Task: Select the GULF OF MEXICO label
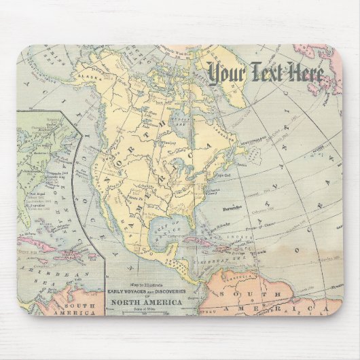[165, 228]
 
